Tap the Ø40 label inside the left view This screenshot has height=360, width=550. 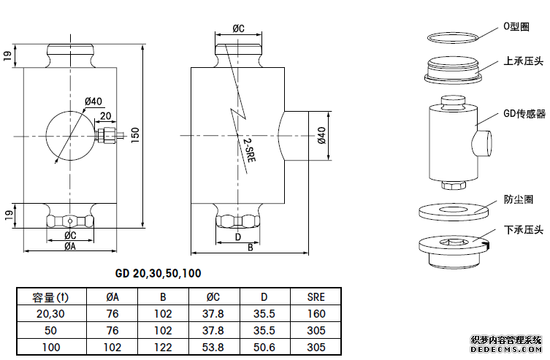[x=93, y=101]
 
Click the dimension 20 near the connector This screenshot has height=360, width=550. [x=105, y=116]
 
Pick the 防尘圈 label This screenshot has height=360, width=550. [x=519, y=199]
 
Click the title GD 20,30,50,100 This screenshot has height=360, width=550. [x=158, y=274]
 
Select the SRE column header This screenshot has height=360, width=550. [x=316, y=297]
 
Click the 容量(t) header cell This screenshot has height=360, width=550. [x=51, y=297]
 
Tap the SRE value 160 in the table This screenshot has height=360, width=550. [x=316, y=314]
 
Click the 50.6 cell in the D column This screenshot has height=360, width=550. [x=264, y=348]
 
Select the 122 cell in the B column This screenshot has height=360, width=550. [x=163, y=348]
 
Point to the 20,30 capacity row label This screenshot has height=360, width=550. [x=51, y=314]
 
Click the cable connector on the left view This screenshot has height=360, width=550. [x=107, y=135]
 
